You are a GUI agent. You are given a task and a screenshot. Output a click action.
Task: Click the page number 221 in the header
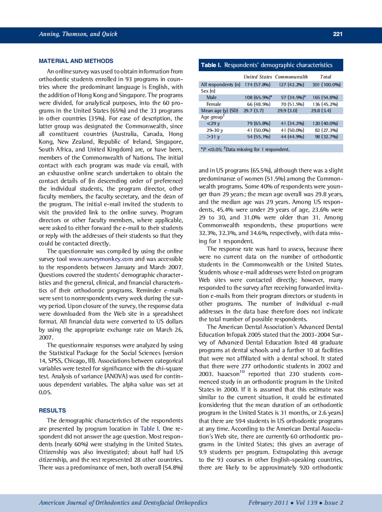point(337,34)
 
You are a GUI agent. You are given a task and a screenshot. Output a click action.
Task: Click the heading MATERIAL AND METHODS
point(76,61)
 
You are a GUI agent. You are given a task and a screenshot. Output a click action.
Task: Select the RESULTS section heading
point(52,410)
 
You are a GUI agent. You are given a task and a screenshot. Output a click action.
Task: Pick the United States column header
point(258,77)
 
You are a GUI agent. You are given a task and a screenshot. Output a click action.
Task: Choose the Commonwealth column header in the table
point(291,77)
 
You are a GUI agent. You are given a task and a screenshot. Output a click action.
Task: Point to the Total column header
point(325,77)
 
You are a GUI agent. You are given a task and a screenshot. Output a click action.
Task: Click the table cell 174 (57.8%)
point(258,85)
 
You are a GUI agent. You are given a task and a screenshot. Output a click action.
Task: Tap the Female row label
point(214,104)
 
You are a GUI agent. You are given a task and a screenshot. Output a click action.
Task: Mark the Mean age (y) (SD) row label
point(220,110)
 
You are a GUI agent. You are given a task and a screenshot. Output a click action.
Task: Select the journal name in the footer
point(123,502)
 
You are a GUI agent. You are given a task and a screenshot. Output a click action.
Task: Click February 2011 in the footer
point(268,502)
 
